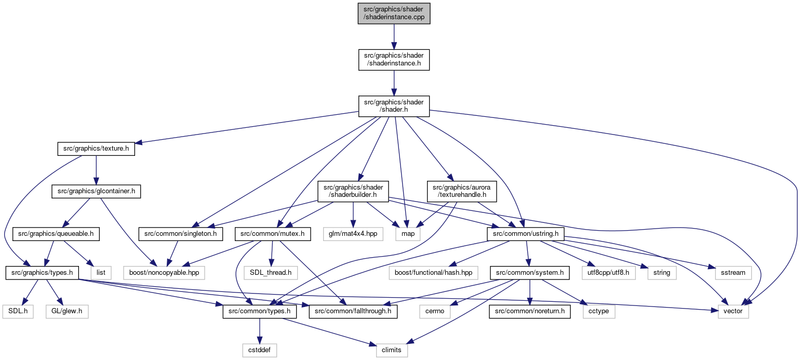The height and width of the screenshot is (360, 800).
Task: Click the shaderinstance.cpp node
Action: click(x=394, y=14)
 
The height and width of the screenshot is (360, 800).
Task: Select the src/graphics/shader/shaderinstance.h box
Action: click(x=394, y=60)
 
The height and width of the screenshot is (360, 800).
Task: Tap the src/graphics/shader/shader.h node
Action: click(x=394, y=106)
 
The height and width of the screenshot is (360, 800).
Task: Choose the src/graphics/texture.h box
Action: click(x=96, y=149)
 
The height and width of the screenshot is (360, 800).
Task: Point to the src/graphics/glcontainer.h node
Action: click(x=96, y=191)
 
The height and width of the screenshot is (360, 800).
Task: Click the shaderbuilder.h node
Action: click(x=353, y=191)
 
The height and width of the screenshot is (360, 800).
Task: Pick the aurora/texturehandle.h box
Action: click(x=462, y=191)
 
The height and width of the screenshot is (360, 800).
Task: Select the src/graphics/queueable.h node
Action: click(x=56, y=234)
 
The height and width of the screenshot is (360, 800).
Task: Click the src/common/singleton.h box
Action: click(x=181, y=234)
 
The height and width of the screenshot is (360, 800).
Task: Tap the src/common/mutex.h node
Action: click(x=273, y=234)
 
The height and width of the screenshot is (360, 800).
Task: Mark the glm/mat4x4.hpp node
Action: click(x=353, y=234)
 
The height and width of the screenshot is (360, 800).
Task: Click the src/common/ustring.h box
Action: click(x=526, y=234)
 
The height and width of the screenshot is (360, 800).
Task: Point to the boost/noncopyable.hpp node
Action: click(x=164, y=273)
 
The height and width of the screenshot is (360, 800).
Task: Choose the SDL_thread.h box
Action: click(x=271, y=273)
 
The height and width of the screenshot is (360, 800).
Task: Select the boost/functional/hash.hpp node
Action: click(x=434, y=273)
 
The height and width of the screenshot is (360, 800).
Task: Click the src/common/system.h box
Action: click(x=530, y=273)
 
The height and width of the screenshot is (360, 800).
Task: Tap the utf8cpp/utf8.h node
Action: click(x=609, y=273)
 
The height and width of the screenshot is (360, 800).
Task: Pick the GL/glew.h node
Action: click(x=67, y=312)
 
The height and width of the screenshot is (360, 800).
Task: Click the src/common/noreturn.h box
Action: click(x=530, y=312)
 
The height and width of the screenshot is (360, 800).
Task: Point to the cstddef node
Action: click(x=260, y=350)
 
